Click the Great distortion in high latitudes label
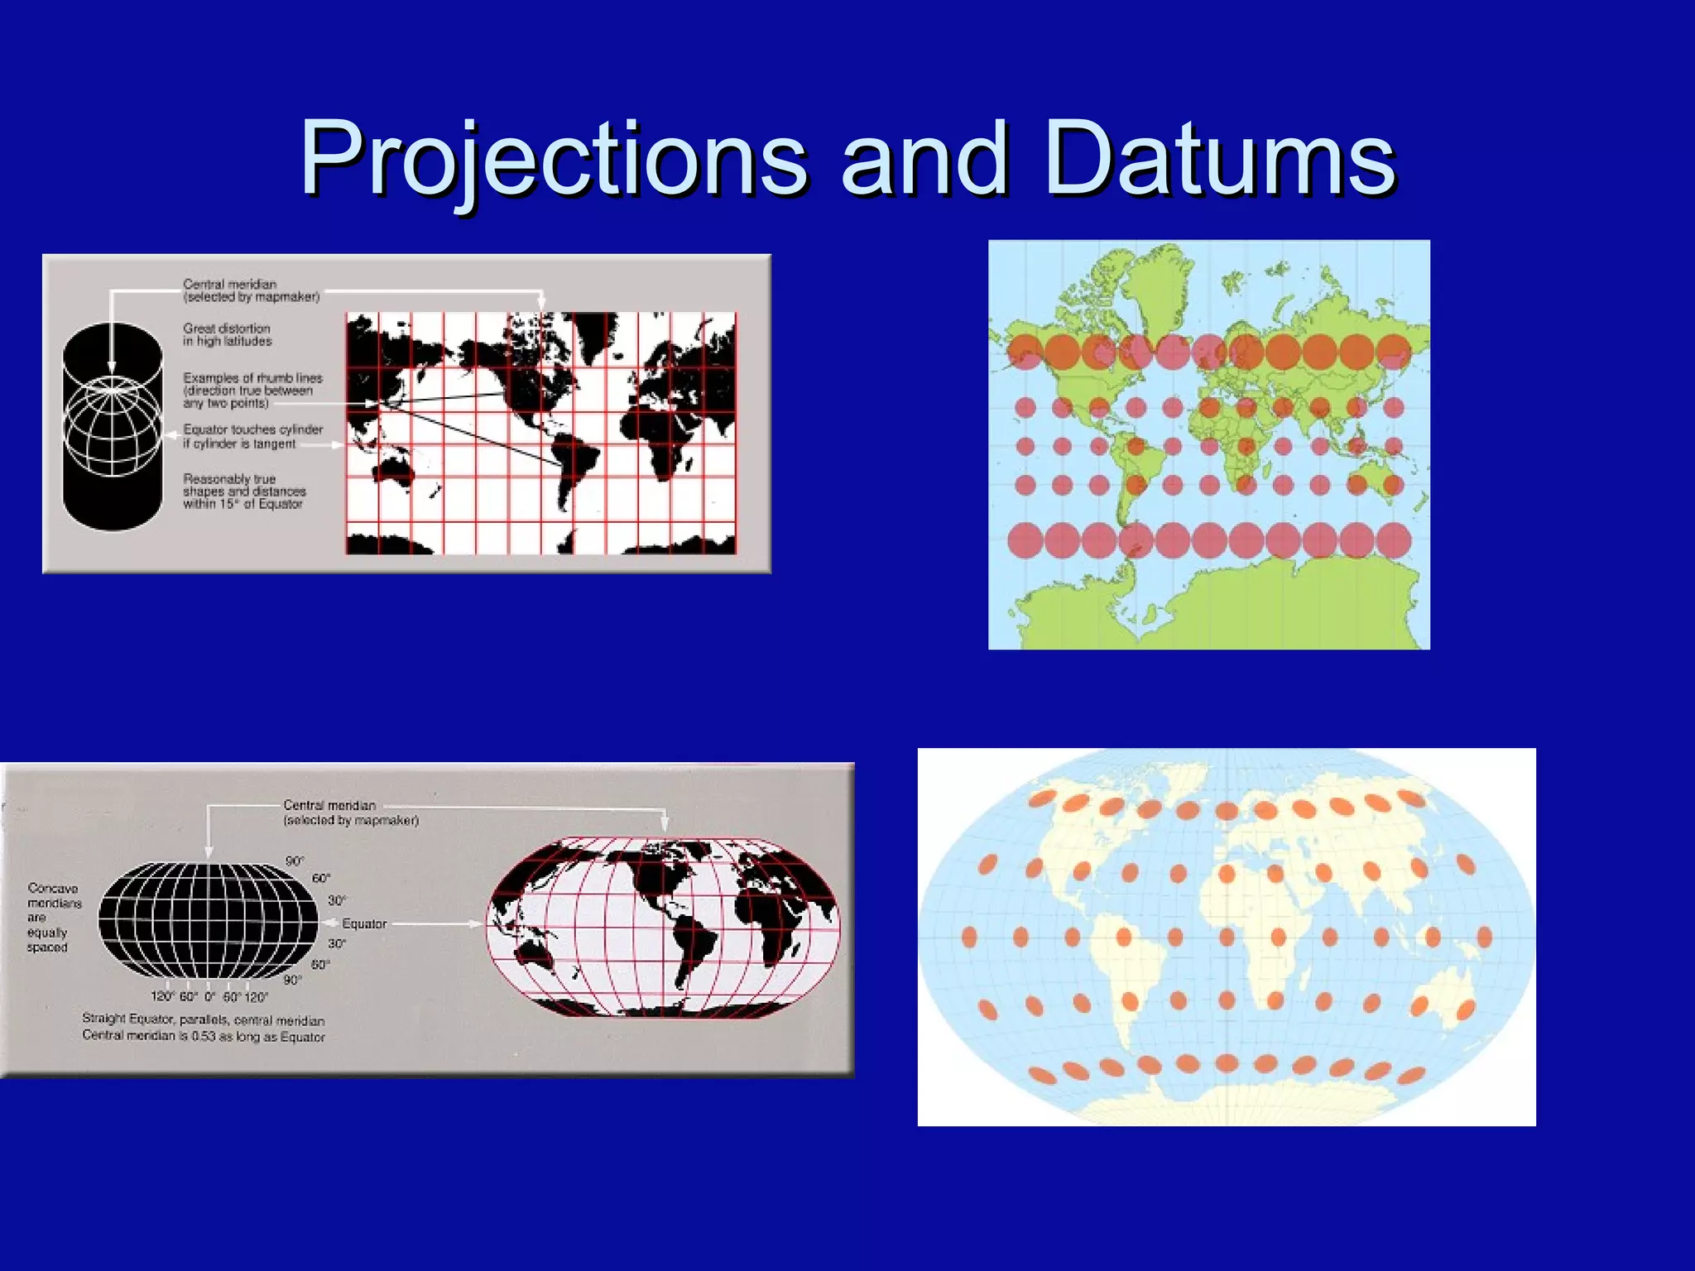pyautogui.click(x=227, y=334)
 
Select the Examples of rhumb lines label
pyautogui.click(x=252, y=390)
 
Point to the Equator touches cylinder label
pyautogui.click(x=252, y=436)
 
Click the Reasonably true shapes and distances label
pyautogui.click(x=243, y=491)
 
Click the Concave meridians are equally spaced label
pyautogui.click(x=53, y=917)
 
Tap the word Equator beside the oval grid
pyautogui.click(x=364, y=923)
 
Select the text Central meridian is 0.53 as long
pyautogui.click(x=204, y=1036)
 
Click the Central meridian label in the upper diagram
pyautogui.click(x=250, y=290)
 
